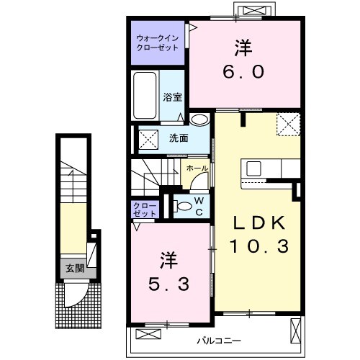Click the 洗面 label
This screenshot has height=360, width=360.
(179, 138)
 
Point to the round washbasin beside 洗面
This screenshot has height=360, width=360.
(199, 120)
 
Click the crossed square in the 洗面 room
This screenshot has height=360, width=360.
(149, 137)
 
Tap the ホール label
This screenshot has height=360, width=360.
(197, 168)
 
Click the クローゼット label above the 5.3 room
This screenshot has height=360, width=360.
(143, 210)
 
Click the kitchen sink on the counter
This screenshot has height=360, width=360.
(254, 168)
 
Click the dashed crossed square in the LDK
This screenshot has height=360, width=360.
(289, 125)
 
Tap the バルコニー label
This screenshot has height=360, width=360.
(216, 338)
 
